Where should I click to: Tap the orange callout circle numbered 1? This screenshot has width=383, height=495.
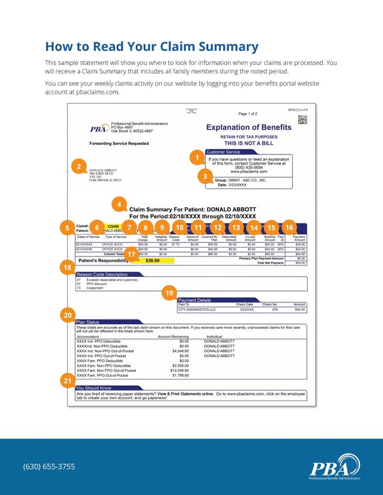(x=199, y=158)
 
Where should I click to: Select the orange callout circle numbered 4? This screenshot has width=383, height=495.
(x=119, y=204)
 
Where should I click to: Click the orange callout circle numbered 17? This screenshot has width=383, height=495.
(x=130, y=254)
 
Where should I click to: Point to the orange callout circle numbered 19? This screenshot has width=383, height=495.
(x=169, y=292)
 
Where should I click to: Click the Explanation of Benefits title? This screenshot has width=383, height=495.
(x=248, y=127)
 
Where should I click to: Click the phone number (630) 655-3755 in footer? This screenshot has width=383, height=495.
(x=49, y=466)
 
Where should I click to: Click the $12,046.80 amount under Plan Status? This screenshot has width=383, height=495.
(x=179, y=370)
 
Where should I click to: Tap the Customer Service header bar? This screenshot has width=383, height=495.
(x=224, y=152)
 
